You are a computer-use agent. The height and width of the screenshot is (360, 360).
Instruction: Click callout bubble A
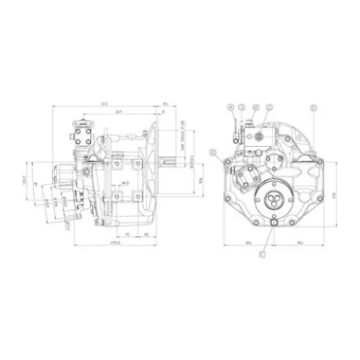click(229, 107)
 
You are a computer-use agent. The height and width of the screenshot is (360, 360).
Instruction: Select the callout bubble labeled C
click(270, 107)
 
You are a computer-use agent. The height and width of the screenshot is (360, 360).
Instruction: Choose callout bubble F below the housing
click(262, 255)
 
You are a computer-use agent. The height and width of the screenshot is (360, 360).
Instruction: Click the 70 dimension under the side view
click(128, 235)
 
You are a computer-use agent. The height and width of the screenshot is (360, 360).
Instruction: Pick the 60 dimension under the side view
click(147, 235)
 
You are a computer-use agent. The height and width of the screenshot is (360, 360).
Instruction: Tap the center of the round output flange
click(275, 200)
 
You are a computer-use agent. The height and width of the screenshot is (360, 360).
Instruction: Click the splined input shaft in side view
click(174, 164)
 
